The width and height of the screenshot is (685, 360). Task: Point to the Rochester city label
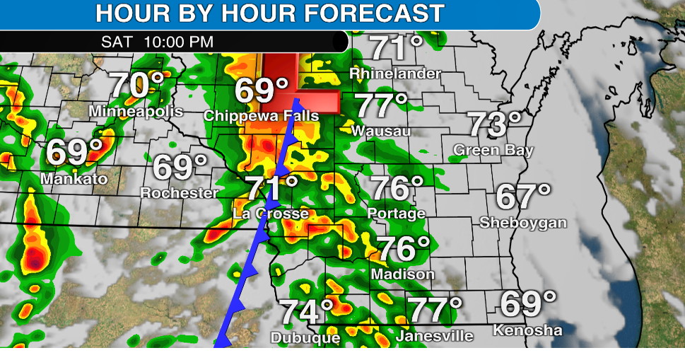[x=179, y=192]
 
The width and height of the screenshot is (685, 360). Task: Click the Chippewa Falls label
[x=261, y=115]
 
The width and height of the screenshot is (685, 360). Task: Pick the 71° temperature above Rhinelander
[x=397, y=50]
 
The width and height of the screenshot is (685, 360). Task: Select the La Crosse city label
[x=271, y=214]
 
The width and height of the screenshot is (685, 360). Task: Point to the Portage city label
[x=396, y=213]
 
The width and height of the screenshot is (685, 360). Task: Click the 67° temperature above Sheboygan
[x=523, y=197]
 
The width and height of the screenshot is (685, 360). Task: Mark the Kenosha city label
[x=527, y=330]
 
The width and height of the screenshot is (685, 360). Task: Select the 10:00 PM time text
[x=177, y=41]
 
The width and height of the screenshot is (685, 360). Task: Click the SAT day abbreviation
[x=117, y=41]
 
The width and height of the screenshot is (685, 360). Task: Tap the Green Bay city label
[x=493, y=150]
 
